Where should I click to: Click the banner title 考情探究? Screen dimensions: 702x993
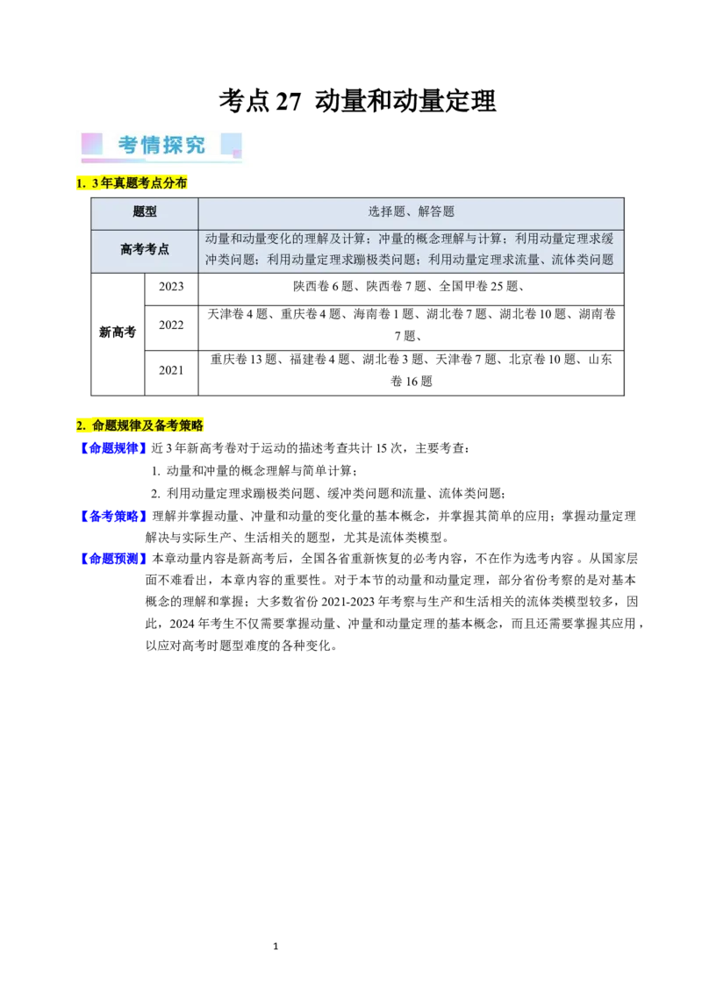161,145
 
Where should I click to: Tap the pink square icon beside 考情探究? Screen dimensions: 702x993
92,144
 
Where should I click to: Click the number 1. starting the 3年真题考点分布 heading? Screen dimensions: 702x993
81,182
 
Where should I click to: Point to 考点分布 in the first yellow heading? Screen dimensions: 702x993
162,182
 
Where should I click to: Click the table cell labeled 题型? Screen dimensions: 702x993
145,211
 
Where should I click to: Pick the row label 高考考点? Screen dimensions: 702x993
145,249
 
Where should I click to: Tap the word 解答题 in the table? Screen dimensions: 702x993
437,211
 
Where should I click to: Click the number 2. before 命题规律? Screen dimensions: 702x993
81,425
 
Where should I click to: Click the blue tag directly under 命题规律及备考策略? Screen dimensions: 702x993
112,447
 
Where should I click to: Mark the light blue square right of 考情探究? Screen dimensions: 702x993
231,143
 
